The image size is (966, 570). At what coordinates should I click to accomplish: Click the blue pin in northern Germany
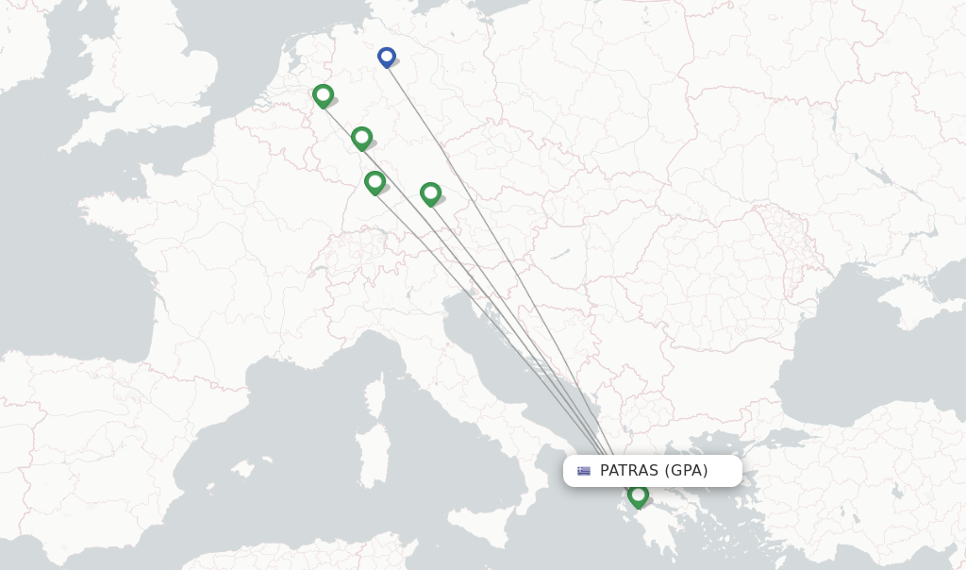pyautogui.click(x=387, y=57)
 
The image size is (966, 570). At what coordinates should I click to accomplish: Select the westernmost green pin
pyautogui.click(x=323, y=95)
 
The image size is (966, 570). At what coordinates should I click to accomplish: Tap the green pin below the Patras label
pyautogui.click(x=638, y=495)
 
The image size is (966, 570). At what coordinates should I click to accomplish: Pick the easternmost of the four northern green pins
pyautogui.click(x=430, y=193)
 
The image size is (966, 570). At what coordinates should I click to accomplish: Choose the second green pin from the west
pyautogui.click(x=361, y=139)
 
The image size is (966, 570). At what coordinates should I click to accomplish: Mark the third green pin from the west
pyautogui.click(x=375, y=181)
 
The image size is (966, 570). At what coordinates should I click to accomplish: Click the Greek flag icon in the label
pyautogui.click(x=584, y=471)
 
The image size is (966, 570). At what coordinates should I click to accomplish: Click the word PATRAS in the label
pyautogui.click(x=628, y=471)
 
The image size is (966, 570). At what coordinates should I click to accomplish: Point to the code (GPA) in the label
pyautogui.click(x=686, y=471)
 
